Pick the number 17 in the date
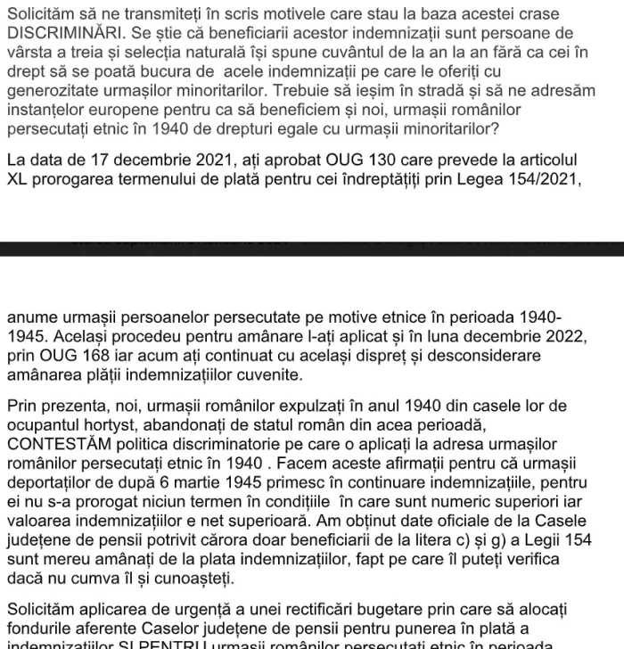coord(101,160)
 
